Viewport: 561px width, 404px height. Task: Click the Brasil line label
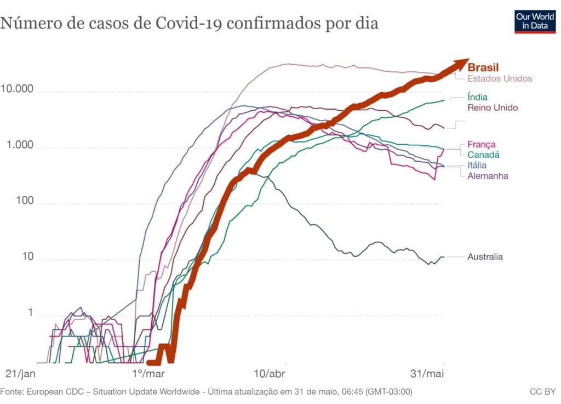tap(483, 68)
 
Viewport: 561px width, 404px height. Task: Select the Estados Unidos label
tap(500, 78)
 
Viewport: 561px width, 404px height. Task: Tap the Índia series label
tap(477, 97)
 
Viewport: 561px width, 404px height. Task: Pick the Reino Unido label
tap(493, 107)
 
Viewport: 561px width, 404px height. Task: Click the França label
tap(482, 145)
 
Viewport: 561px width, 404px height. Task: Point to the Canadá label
tap(483, 155)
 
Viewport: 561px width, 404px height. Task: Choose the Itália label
tap(477, 166)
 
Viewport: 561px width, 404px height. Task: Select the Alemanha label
tap(488, 176)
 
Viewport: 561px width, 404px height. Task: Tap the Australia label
tap(485, 257)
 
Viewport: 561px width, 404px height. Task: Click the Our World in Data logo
tap(535, 21)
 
